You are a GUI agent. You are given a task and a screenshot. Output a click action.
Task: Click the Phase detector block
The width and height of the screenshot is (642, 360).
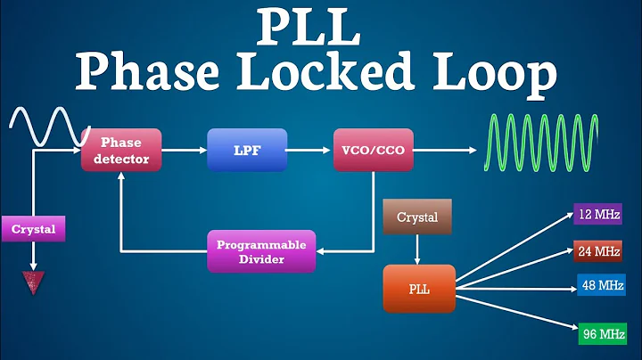pos(121,151)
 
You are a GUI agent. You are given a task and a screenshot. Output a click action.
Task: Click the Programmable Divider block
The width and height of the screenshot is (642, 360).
pos(261,251)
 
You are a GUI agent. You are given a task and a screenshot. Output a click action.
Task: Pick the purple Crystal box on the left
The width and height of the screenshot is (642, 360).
pos(33,229)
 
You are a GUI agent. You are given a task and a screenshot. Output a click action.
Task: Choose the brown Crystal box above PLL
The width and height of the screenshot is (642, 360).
pos(416,217)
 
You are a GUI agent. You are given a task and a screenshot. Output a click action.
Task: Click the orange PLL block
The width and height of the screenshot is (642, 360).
pos(418,287)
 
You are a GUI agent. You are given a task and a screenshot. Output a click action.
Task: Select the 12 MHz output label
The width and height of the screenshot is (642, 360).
pos(597,215)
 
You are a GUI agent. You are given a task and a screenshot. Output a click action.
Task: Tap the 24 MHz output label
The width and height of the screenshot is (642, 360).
pos(597,251)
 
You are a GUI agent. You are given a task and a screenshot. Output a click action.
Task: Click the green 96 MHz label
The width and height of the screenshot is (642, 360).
pos(597,334)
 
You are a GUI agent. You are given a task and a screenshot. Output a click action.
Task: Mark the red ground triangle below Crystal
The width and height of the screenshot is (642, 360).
pos(33,282)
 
